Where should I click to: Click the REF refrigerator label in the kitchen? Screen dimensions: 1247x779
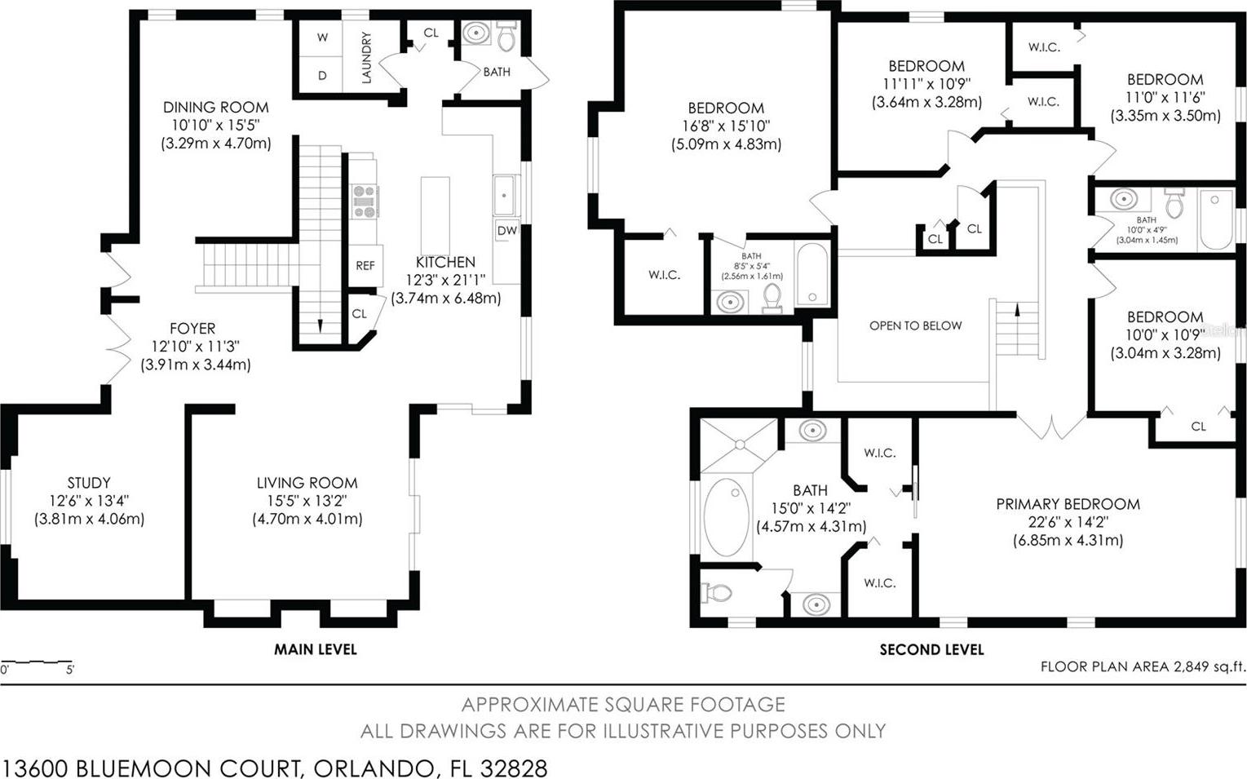pyautogui.click(x=365, y=266)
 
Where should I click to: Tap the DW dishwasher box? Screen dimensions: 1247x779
pyautogui.click(x=506, y=231)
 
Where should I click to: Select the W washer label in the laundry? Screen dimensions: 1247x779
pyautogui.click(x=322, y=38)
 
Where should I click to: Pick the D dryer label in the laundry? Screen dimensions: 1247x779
pyautogui.click(x=322, y=75)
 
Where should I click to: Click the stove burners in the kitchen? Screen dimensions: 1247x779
pyautogui.click(x=365, y=201)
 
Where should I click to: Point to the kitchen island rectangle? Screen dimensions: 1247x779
pyautogui.click(x=435, y=216)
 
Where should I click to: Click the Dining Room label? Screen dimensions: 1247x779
pyautogui.click(x=216, y=107)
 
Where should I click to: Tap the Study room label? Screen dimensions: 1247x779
pyautogui.click(x=89, y=482)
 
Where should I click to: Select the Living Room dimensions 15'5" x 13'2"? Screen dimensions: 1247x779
pyautogui.click(x=307, y=501)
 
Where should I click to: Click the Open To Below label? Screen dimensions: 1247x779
pyautogui.click(x=915, y=325)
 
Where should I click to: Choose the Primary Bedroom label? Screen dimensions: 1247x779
pyautogui.click(x=1068, y=504)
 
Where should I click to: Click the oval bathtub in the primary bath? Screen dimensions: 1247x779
pyautogui.click(x=726, y=516)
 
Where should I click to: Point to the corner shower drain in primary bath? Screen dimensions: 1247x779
pyautogui.click(x=740, y=445)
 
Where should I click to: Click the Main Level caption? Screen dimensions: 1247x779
pyautogui.click(x=315, y=649)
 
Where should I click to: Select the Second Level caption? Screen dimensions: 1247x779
pyautogui.click(x=932, y=649)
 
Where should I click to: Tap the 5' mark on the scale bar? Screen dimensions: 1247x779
pyautogui.click(x=70, y=670)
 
